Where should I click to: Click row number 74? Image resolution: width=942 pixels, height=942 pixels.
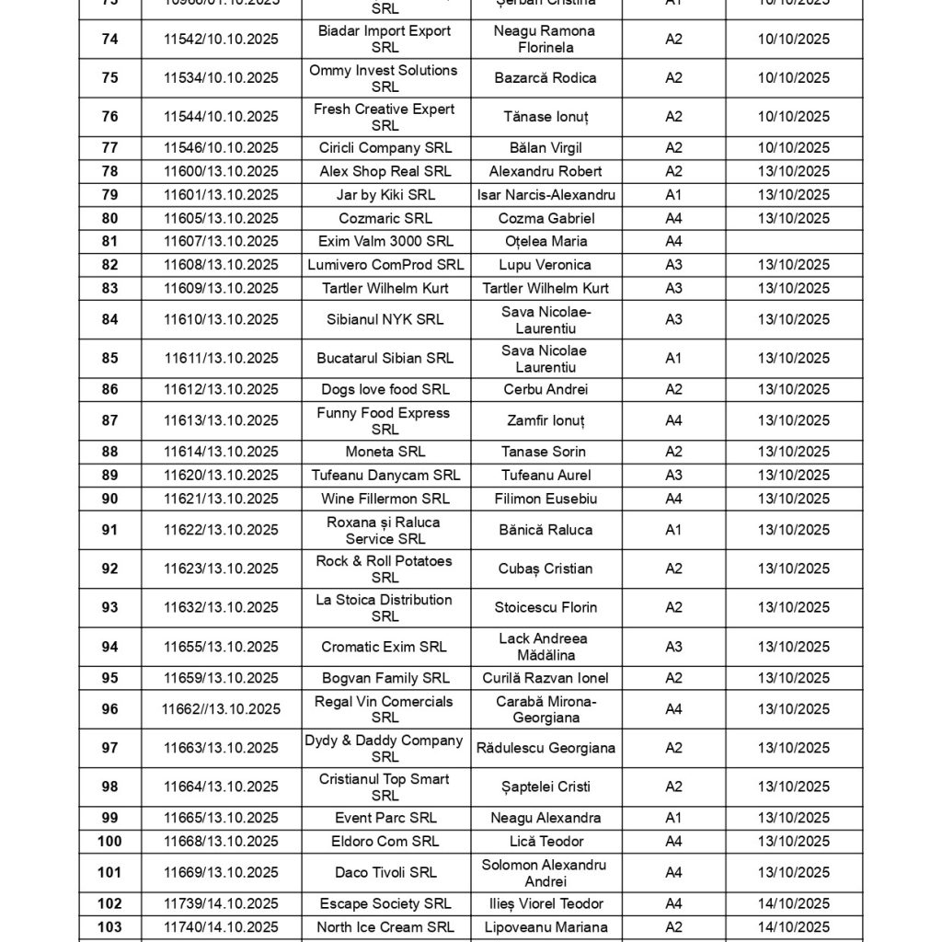(109, 39)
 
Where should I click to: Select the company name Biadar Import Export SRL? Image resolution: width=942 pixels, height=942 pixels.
(385, 39)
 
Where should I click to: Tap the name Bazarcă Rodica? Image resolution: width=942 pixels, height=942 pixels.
(546, 77)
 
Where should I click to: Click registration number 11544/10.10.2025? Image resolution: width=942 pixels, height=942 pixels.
(221, 117)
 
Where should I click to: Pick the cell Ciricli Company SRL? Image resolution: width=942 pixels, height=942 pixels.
(385, 148)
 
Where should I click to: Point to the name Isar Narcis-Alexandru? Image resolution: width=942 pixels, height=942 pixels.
(546, 195)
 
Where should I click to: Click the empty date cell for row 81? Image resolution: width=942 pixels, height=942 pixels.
(793, 242)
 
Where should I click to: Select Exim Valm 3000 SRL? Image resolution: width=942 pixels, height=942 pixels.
(385, 242)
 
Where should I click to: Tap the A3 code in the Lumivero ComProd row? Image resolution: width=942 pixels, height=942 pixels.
(673, 265)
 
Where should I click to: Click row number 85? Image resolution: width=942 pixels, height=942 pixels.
(109, 358)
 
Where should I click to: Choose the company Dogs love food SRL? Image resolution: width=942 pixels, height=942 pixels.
(385, 389)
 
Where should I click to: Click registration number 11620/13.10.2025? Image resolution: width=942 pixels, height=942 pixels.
(221, 476)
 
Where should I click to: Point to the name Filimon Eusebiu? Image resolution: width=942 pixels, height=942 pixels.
(546, 499)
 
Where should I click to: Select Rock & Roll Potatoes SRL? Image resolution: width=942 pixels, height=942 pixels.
(385, 569)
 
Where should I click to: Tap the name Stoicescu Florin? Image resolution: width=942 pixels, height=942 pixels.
(546, 607)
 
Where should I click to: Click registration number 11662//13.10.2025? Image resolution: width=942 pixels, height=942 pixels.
(221, 709)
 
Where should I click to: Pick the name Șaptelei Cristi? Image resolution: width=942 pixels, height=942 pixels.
(546, 787)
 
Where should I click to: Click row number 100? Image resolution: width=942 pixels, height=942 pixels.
(109, 841)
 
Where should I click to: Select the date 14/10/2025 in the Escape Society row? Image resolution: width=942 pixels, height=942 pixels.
(793, 903)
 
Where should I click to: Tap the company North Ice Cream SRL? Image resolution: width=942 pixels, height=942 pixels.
(385, 927)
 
